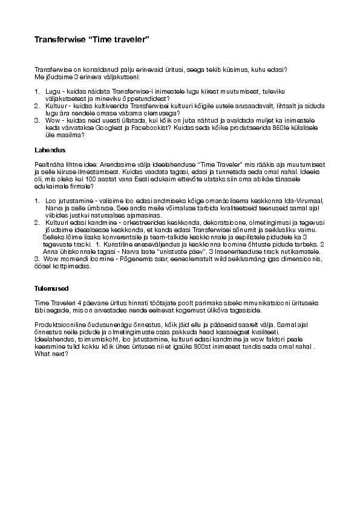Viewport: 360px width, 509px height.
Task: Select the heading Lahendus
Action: (50, 149)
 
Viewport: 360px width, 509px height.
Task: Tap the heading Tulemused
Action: (51, 288)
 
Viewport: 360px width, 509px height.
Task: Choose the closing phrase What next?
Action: (51, 353)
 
